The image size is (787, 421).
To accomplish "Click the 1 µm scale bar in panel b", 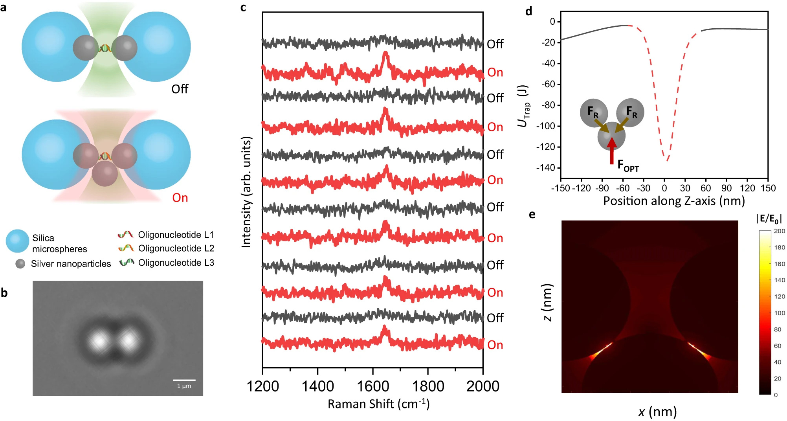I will click(x=184, y=380).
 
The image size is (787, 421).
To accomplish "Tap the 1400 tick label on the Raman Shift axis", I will click(x=317, y=386).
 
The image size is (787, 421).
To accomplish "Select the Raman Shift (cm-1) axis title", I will click(x=378, y=404).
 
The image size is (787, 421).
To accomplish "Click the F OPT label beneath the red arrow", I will click(x=628, y=165).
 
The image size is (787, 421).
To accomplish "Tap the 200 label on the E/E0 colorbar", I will click(x=779, y=231).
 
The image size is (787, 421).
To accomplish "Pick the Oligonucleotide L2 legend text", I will click(x=176, y=248).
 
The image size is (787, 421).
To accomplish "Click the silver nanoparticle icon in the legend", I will click(x=20, y=264).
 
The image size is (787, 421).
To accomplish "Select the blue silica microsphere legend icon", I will click(x=17, y=241).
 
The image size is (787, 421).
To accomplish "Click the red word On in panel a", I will click(x=180, y=198).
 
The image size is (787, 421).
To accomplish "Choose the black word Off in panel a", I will click(x=180, y=89).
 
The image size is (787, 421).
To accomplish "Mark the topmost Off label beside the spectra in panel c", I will click(x=495, y=44).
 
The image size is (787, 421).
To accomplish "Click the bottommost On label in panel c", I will click(x=495, y=345).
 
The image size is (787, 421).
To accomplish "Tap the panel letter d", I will click(x=528, y=11).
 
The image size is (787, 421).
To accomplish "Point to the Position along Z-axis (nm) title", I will click(x=674, y=201).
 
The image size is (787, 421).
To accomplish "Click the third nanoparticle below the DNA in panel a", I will click(x=105, y=173).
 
